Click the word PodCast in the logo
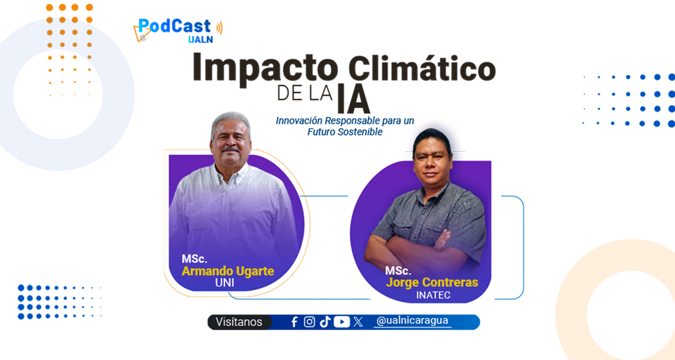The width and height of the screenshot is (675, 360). click(x=174, y=26)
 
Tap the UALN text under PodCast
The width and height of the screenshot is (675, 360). click(x=200, y=39)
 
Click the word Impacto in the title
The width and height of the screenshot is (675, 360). click(x=265, y=69)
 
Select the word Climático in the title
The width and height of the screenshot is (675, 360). click(x=421, y=68)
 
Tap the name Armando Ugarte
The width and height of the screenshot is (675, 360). click(x=227, y=271)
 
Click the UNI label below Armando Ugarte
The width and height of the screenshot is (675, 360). click(x=225, y=282)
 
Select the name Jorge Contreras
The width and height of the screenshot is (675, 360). click(x=432, y=282)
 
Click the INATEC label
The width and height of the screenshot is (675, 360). click(x=433, y=295)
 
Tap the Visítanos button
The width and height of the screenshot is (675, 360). click(x=239, y=322)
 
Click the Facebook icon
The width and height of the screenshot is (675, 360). click(x=294, y=322)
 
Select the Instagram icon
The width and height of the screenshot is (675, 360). click(x=309, y=322)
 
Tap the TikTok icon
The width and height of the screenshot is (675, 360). click(x=325, y=322)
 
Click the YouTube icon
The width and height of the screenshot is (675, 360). click(x=342, y=322)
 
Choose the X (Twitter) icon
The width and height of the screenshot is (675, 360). click(x=358, y=322)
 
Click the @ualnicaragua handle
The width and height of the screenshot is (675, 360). click(x=412, y=321)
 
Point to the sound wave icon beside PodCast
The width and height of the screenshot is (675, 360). click(x=219, y=27)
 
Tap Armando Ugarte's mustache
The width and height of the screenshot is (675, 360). click(x=230, y=149)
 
